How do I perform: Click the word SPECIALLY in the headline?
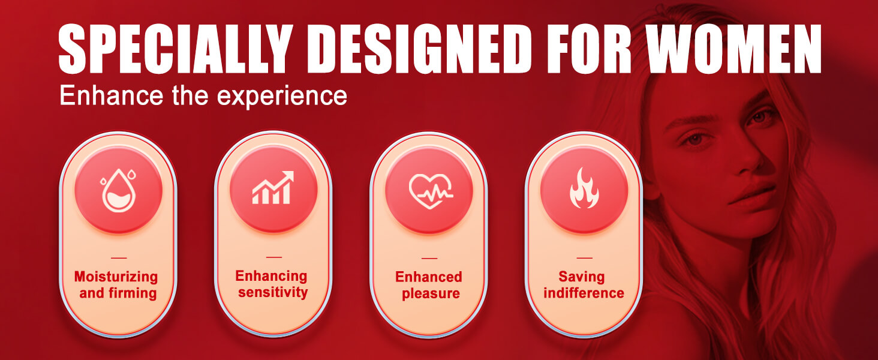coord(176,49)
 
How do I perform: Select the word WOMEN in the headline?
coord(733,49)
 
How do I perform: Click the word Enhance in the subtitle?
coord(112,95)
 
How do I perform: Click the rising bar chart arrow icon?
coord(273,187)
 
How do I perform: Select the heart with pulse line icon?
coord(431,191)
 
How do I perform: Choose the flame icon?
coord(584,188)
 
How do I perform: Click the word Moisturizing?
coord(116,277)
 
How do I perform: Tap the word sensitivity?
coord(273,293)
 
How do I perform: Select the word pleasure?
coord(431,294)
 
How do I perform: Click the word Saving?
coord(582,277)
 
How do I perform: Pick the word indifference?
coord(584,293)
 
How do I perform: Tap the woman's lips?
coord(751,195)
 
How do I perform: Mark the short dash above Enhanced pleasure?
coord(429,259)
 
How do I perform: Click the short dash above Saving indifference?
coord(584,258)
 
